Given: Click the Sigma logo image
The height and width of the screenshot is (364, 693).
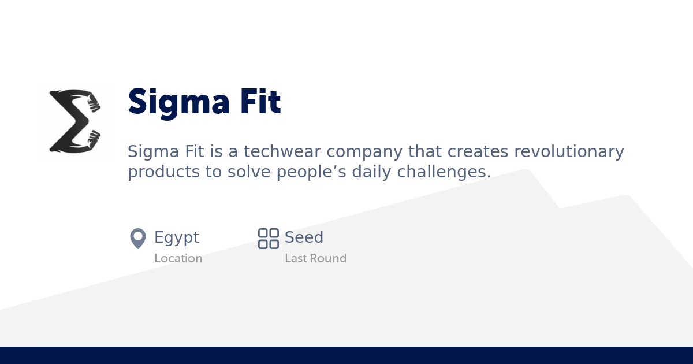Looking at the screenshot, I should coord(75,121).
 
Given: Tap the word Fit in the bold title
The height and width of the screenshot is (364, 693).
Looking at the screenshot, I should coord(259,102).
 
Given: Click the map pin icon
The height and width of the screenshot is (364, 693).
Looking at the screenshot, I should coord(138,238).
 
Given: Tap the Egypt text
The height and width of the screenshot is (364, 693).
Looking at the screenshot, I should coord(177,238).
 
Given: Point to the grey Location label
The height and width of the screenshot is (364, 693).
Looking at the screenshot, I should coord(178,258).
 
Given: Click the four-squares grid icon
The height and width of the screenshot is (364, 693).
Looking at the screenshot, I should coord(269,238).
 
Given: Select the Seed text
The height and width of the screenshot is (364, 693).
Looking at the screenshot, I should coord(304,237).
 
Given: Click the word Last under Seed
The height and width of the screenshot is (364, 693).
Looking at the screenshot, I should coord(296,258).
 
